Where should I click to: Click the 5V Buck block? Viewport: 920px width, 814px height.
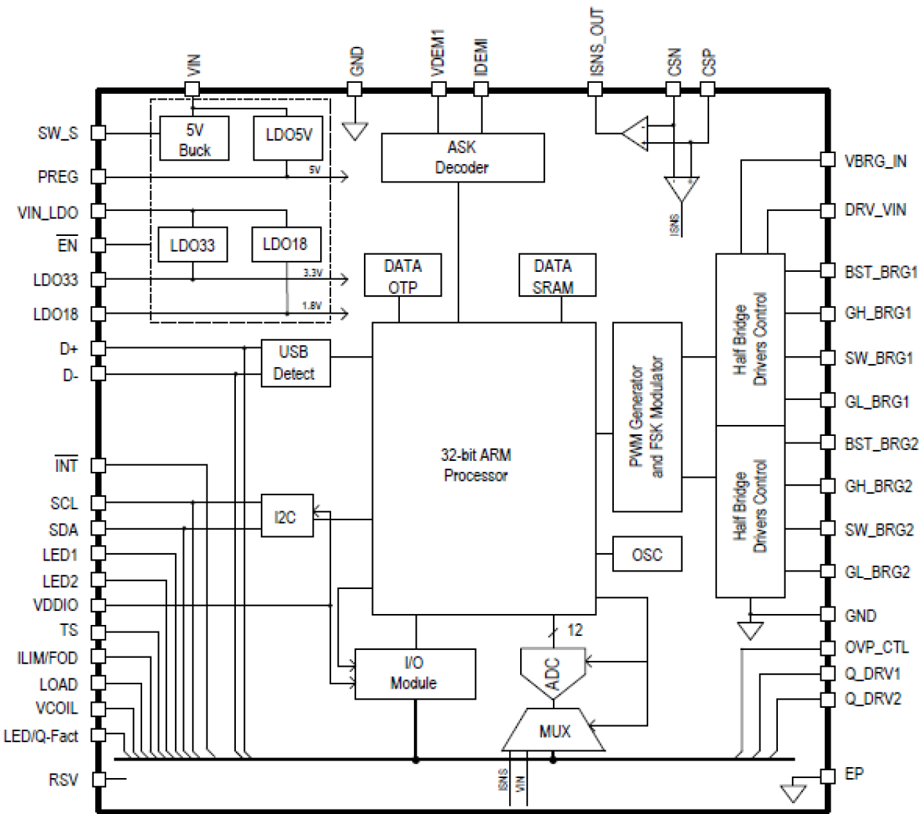point(194,139)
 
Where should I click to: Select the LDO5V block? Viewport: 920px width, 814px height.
point(288,137)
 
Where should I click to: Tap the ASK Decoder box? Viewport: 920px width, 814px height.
point(462,157)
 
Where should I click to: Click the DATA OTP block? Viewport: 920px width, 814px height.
point(402,275)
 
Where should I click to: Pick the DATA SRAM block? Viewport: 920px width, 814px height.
point(556,275)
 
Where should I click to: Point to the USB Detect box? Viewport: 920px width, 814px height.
point(295,363)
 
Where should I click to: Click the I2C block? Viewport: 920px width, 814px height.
point(286,517)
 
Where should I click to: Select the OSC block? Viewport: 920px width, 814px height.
point(647,555)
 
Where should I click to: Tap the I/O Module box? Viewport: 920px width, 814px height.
point(415,673)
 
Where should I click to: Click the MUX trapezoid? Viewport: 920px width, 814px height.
point(554,730)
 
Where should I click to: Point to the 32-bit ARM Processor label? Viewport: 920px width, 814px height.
point(476,465)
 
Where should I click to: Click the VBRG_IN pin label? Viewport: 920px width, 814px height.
point(875,161)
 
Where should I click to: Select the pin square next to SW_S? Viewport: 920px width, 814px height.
point(98,133)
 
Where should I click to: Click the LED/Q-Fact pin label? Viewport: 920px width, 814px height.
point(42,736)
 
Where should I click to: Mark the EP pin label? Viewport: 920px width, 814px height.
point(854,774)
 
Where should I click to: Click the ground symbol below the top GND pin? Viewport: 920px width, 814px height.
point(355,131)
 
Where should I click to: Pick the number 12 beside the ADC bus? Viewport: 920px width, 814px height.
point(575,630)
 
